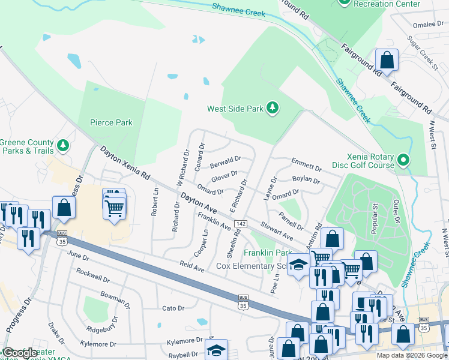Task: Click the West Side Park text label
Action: [235, 109]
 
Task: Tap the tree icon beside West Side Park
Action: [273, 108]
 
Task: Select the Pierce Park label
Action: [111, 122]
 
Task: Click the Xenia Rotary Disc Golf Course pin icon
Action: [403, 160]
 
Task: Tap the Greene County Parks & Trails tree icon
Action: [62, 145]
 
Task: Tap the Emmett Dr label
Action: [306, 164]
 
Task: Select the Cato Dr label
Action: [173, 308]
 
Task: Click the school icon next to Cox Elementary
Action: [298, 265]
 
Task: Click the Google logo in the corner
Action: [20, 353]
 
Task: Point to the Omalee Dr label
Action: [428, 25]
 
